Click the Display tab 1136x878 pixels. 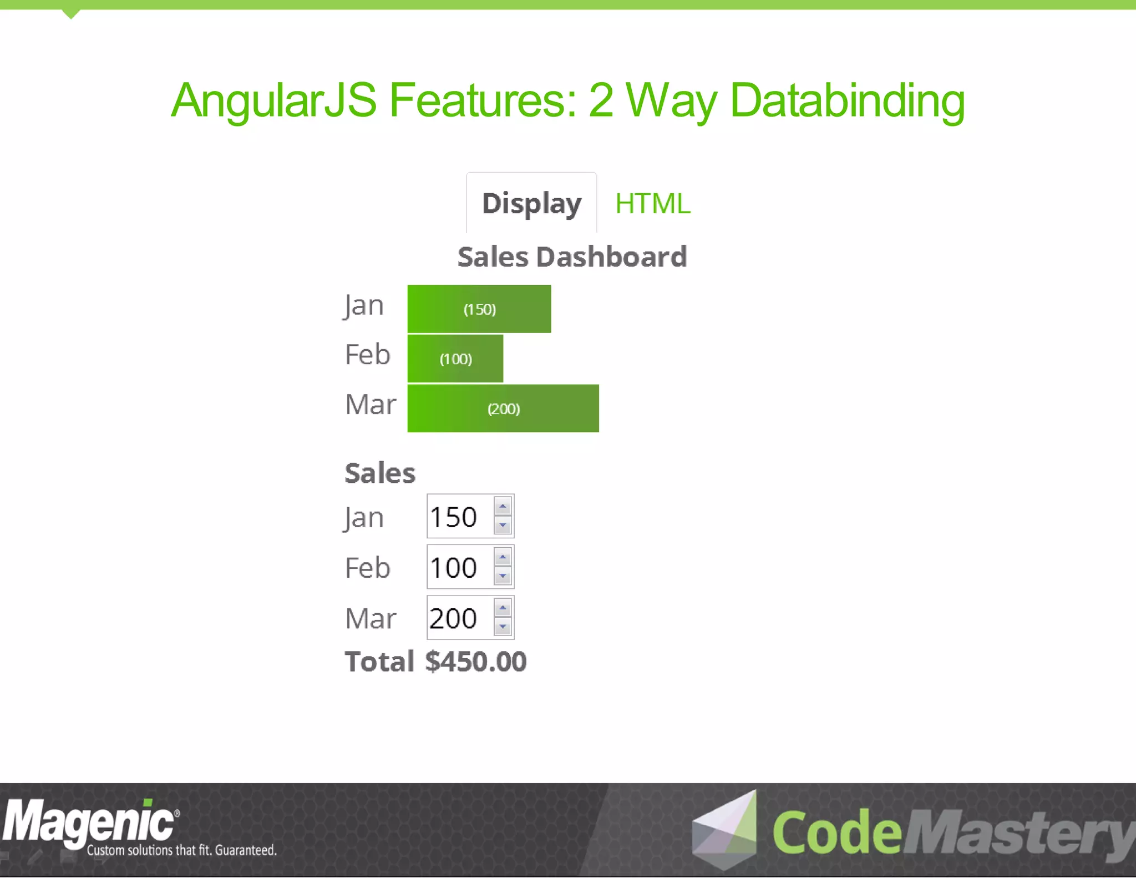(531, 204)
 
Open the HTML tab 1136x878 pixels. (653, 204)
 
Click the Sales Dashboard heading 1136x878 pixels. (572, 257)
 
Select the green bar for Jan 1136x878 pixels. (479, 309)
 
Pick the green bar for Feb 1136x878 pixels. (455, 359)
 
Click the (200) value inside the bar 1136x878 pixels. (504, 409)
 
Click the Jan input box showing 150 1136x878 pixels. (459, 517)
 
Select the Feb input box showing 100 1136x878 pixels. (459, 567)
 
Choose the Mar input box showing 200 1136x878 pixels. (459, 618)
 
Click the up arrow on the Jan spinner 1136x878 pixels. (503, 506)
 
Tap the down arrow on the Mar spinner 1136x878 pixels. (503, 627)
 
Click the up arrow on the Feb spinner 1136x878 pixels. (503, 557)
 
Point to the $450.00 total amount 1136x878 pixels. (476, 662)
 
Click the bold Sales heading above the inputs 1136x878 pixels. (380, 473)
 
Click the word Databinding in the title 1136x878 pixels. (847, 101)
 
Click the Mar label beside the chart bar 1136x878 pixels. (371, 404)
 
